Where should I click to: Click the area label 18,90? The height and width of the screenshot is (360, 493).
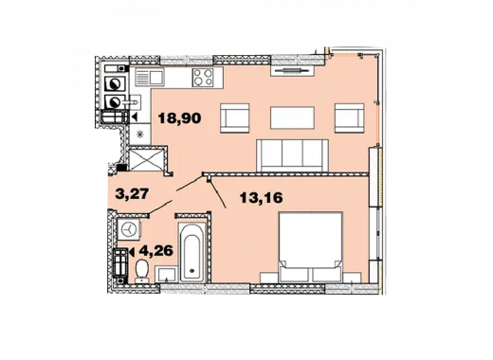click(x=179, y=118)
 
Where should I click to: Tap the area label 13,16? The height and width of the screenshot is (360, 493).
click(x=261, y=198)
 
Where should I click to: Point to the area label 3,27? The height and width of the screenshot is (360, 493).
click(x=132, y=194)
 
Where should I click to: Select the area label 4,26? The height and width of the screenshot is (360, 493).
click(x=156, y=251)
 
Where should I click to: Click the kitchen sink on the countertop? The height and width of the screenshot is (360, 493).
click(x=149, y=77)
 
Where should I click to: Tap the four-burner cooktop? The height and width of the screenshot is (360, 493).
click(x=203, y=77)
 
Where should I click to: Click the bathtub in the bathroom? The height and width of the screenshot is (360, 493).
click(x=192, y=252)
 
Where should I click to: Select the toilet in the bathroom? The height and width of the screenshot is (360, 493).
click(x=142, y=271)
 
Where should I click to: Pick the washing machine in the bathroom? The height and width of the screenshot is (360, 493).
click(x=129, y=229)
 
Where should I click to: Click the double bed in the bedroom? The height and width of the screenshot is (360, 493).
click(x=310, y=247)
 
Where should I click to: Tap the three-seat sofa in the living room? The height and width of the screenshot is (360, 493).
click(x=292, y=155)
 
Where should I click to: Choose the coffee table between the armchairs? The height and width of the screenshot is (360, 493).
click(x=292, y=117)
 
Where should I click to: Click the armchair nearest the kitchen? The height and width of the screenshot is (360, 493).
click(x=235, y=117)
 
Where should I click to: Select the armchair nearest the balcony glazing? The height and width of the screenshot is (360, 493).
click(x=350, y=117)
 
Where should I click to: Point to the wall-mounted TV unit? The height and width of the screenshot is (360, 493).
click(x=292, y=71)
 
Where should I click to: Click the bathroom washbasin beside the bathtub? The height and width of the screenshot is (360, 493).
click(x=166, y=274)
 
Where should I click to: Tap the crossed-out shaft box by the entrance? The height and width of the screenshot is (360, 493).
click(x=147, y=160)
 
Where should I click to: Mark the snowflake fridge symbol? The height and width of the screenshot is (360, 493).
click(x=139, y=135)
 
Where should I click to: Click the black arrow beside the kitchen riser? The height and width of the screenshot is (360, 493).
click(x=135, y=117)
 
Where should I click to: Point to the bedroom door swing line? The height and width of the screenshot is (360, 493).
click(x=218, y=192)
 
